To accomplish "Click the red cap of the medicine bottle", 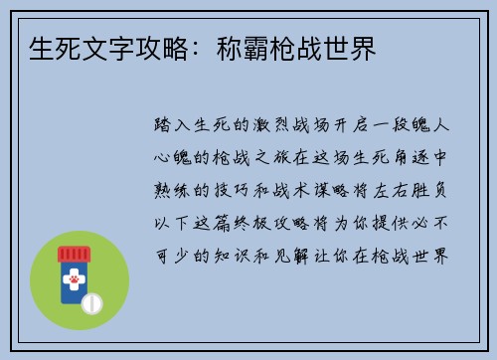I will point(72,254).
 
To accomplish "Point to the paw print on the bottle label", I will point(72,282).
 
